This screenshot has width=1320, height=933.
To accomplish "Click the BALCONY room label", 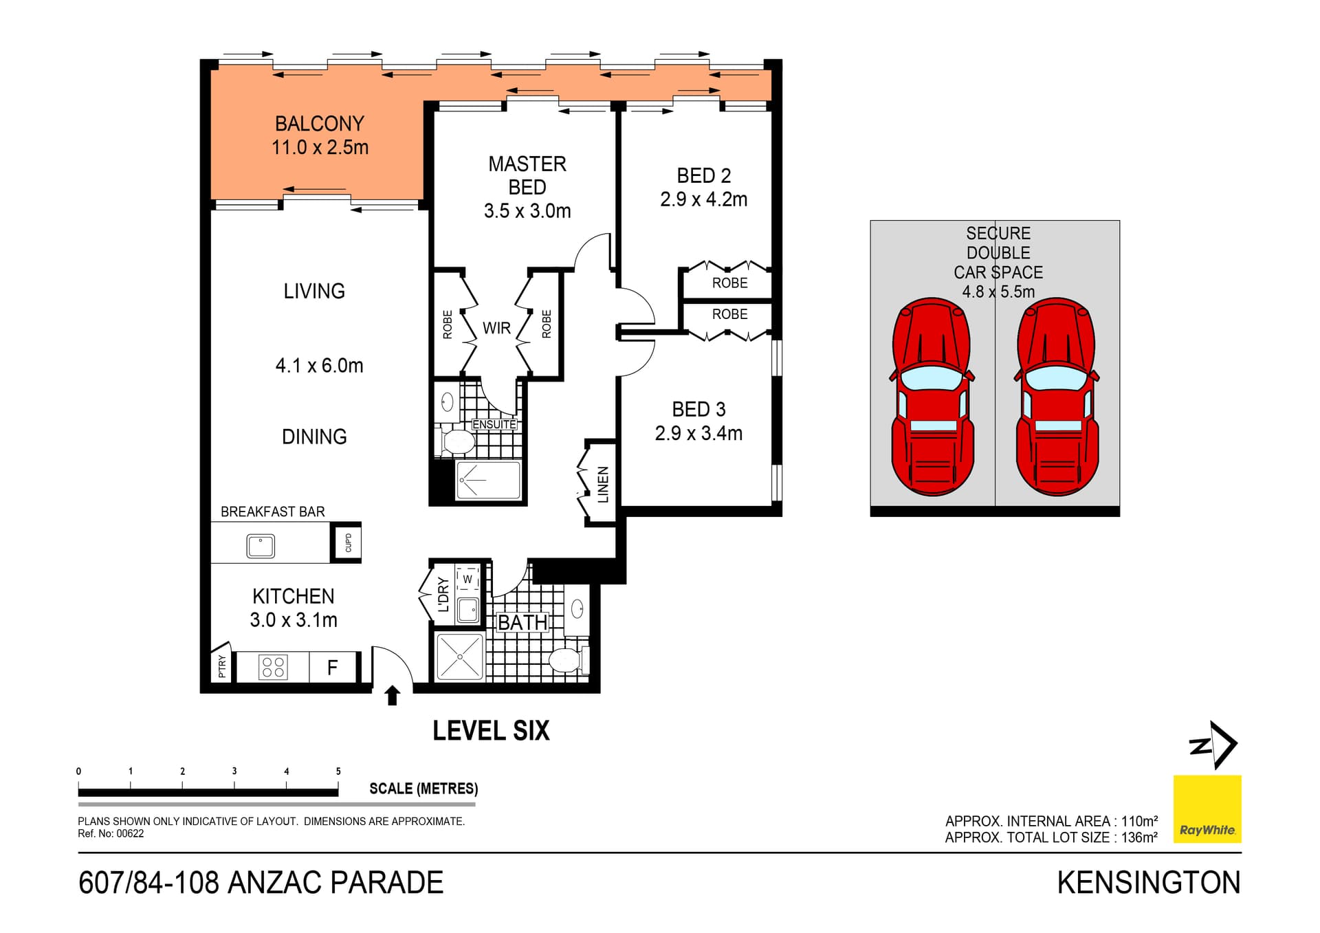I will click(320, 124).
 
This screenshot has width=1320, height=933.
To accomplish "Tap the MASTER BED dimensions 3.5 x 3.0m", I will click(527, 211).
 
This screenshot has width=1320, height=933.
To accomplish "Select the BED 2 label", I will click(703, 176).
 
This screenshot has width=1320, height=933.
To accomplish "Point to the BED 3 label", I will click(698, 410).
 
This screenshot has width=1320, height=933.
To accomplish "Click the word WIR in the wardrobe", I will click(496, 328).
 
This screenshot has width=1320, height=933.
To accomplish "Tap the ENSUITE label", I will click(494, 425).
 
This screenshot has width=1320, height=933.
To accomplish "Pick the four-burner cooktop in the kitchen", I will click(273, 667).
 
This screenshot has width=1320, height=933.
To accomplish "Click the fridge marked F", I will click(333, 667).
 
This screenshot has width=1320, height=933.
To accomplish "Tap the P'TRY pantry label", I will click(221, 666).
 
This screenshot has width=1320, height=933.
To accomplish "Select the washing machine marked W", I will click(467, 579).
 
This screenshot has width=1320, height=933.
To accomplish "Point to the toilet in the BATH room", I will click(565, 661).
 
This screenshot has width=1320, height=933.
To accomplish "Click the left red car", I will click(932, 397).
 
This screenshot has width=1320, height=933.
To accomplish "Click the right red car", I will click(1057, 397).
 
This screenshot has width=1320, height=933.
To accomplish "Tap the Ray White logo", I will click(1207, 809).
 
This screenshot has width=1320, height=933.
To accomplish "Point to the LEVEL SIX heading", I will click(491, 731).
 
